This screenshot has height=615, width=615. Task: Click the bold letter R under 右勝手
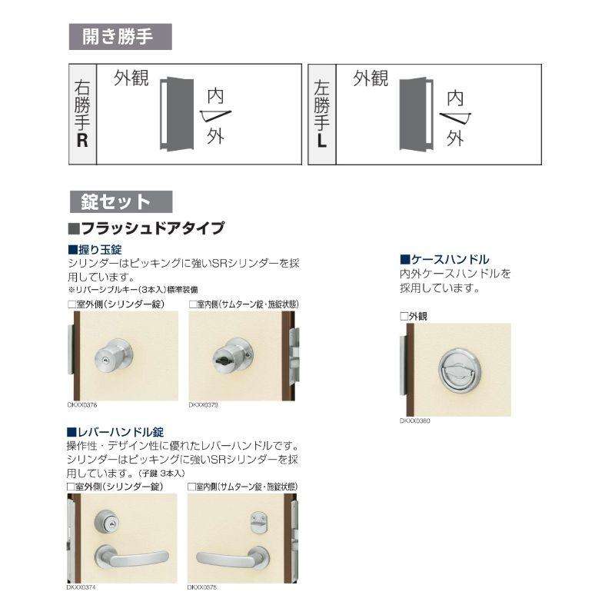82,141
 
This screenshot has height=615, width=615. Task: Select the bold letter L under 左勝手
321,141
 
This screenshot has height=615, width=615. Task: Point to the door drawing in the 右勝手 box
175,113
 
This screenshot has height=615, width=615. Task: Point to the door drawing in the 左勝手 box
414,113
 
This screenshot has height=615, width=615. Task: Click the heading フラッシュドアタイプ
147,228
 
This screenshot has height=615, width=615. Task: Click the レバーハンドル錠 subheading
115,432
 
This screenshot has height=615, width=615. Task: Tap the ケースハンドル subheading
444,260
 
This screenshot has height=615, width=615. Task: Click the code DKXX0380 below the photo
415,421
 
